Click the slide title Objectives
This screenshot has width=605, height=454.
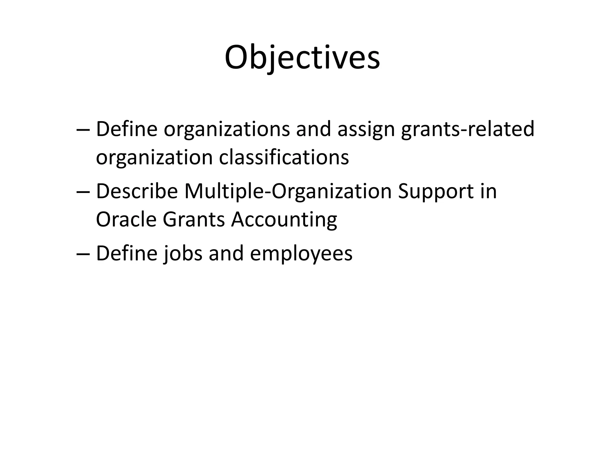[302, 58]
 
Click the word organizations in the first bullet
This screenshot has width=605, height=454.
[227, 129]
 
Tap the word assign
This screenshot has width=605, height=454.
[366, 129]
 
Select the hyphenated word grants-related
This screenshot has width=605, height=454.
[468, 129]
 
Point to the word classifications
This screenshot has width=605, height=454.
[284, 157]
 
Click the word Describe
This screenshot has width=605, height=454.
[137, 191]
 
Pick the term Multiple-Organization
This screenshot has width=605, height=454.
[288, 191]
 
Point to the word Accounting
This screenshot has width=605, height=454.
[284, 220]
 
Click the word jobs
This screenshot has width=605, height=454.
[183, 253]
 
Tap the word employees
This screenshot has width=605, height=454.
[301, 253]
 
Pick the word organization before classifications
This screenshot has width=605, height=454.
[154, 157]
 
